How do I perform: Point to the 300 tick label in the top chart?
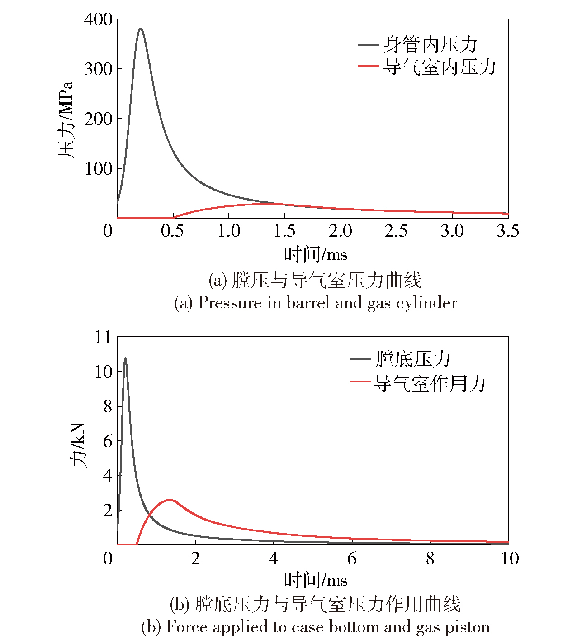click(x=98, y=69)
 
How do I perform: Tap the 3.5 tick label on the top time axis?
click(x=508, y=231)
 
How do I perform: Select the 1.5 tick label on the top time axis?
click(x=284, y=231)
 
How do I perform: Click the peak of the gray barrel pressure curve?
click(x=141, y=29)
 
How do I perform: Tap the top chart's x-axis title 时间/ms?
click(x=315, y=254)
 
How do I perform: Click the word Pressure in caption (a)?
click(x=230, y=302)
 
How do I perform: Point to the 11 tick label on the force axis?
click(x=103, y=337)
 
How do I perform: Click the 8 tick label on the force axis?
click(x=108, y=406)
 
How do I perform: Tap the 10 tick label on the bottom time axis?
click(x=510, y=559)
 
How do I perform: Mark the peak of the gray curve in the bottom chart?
click(x=125, y=358)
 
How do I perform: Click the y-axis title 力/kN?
click(x=78, y=446)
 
